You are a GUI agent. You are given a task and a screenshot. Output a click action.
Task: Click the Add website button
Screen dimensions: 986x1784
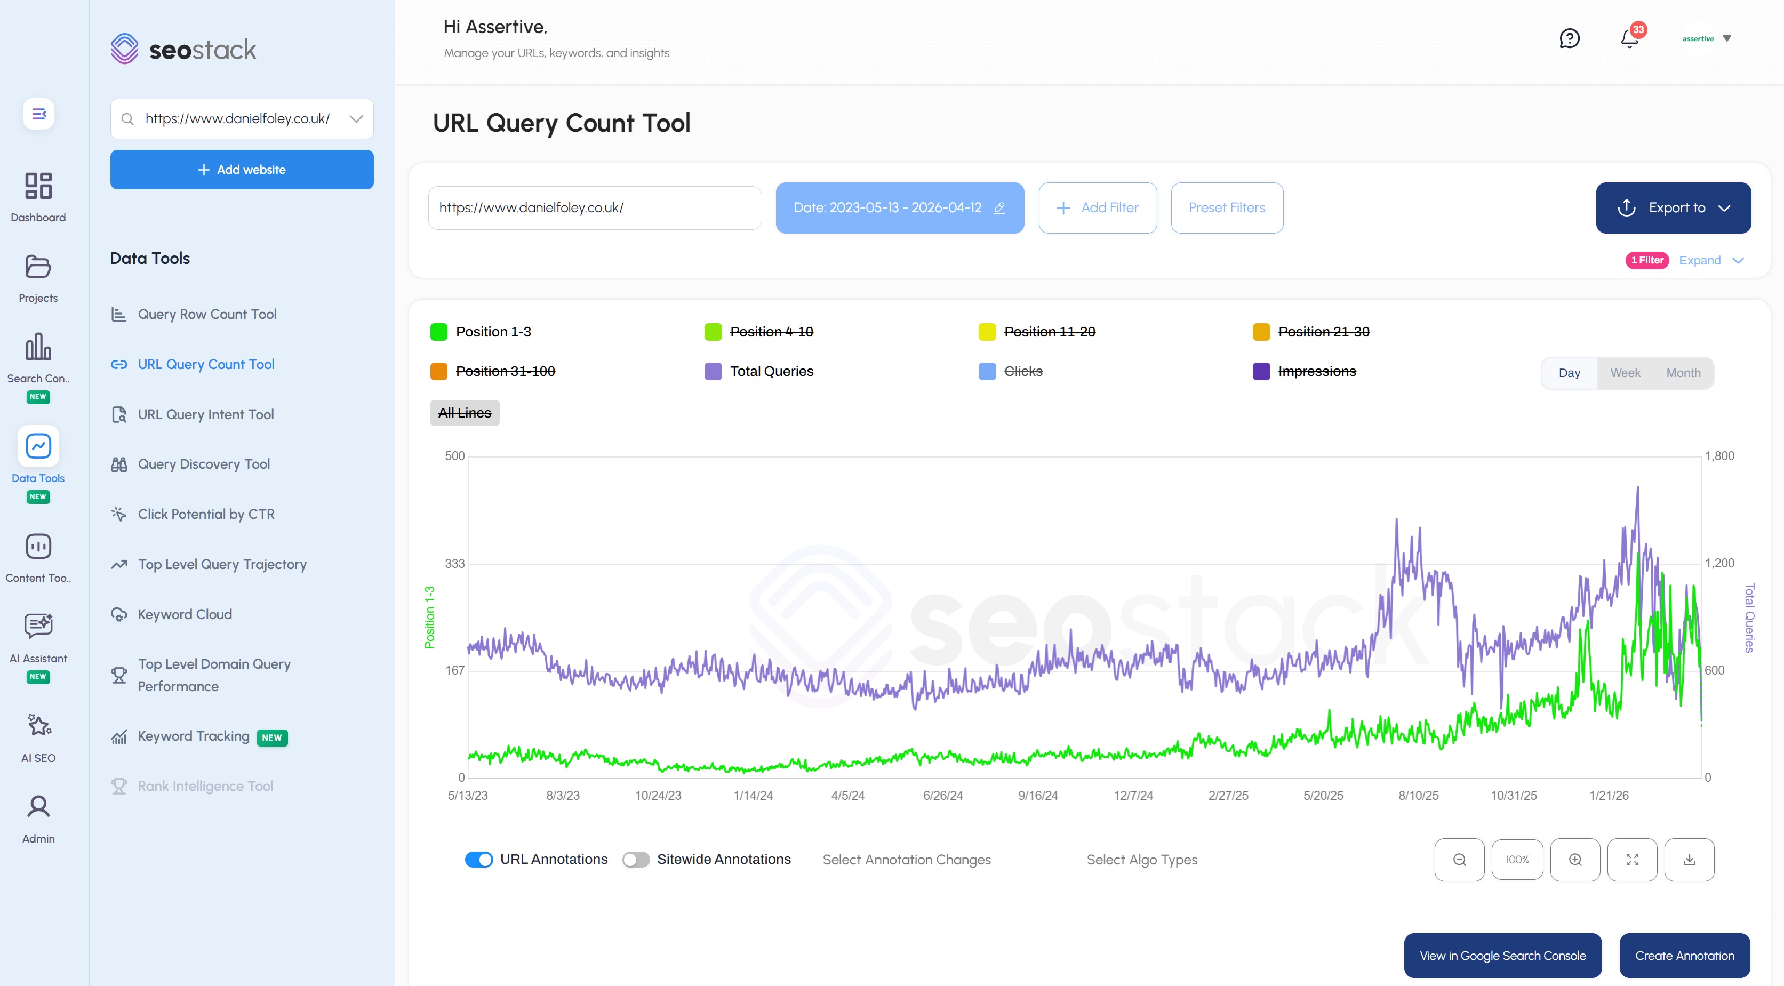(x=242, y=170)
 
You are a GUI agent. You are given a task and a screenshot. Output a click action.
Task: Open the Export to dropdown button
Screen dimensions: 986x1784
(x=1673, y=208)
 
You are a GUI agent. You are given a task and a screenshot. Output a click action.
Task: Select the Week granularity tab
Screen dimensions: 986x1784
(x=1625, y=373)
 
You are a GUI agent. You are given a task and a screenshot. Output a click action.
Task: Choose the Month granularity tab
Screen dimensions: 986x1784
(x=1683, y=373)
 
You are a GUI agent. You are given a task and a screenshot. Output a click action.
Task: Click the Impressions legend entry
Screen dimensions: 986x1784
(x=1316, y=371)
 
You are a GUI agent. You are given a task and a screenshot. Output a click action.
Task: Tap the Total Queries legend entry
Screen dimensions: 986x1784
(x=771, y=371)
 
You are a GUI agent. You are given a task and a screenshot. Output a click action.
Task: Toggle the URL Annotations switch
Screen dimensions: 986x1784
(x=478, y=859)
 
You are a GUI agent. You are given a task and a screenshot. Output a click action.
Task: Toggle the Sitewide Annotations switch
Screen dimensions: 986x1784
(x=635, y=859)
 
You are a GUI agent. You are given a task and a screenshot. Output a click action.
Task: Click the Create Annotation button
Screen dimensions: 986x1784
(x=1684, y=956)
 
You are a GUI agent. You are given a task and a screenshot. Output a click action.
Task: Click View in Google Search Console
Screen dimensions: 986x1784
(x=1502, y=956)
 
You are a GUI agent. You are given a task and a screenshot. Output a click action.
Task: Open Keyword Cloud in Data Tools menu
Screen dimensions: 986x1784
(x=184, y=614)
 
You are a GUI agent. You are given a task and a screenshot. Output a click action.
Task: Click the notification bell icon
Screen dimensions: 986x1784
(x=1629, y=39)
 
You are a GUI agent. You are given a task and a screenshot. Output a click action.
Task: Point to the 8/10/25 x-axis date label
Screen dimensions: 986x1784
(x=1418, y=796)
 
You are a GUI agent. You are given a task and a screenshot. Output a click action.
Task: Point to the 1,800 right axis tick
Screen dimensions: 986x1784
(x=1719, y=455)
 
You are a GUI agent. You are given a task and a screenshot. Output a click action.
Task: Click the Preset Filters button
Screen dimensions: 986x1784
(x=1227, y=208)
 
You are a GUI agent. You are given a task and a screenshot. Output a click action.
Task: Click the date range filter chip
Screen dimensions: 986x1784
(x=899, y=208)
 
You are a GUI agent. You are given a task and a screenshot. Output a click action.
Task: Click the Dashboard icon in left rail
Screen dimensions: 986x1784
(x=38, y=196)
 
